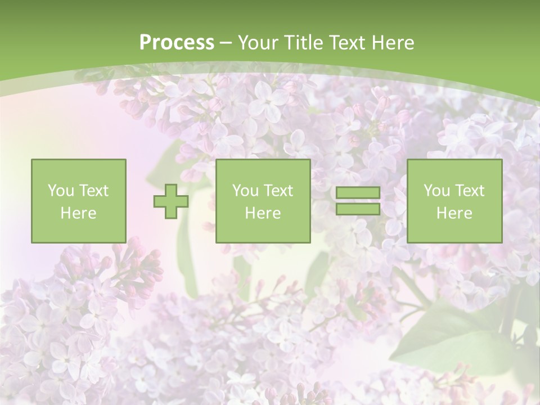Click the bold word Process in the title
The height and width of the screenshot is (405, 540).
click(x=177, y=43)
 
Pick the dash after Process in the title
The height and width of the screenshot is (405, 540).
click(x=226, y=43)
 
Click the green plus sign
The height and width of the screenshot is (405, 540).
click(x=171, y=201)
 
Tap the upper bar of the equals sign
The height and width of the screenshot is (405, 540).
click(x=358, y=193)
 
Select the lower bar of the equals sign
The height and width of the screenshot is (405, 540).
click(x=358, y=209)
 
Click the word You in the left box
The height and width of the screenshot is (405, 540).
click(x=60, y=191)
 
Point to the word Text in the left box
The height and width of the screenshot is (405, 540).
click(x=93, y=191)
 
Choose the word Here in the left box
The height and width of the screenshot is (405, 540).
click(x=78, y=213)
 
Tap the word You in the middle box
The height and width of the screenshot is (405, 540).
click(x=245, y=191)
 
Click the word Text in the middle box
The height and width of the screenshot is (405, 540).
click(x=278, y=191)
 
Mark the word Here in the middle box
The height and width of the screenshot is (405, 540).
click(x=263, y=213)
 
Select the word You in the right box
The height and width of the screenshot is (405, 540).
click(x=436, y=191)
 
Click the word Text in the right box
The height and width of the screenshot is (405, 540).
click(x=469, y=191)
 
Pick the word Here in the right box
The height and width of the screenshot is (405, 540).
click(x=454, y=213)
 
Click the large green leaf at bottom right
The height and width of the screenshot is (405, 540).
click(x=450, y=332)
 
